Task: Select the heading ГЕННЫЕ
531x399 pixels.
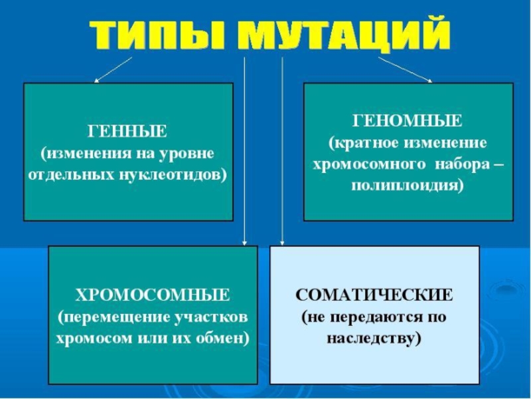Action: (x=128, y=129)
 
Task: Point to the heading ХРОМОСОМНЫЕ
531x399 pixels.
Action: (x=153, y=294)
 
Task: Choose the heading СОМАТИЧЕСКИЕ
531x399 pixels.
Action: (x=374, y=294)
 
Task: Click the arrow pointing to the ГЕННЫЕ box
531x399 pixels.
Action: (x=113, y=70)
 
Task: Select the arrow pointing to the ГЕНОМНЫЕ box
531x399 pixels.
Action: (x=405, y=70)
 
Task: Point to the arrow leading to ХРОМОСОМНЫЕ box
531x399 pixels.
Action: (x=244, y=153)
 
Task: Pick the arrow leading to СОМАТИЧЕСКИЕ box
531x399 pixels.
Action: (x=283, y=153)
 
